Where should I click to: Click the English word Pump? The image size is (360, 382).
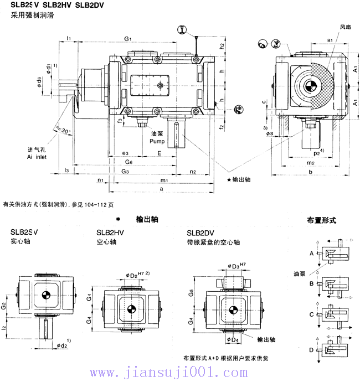pyautogui.click(x=157, y=142)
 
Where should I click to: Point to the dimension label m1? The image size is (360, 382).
pyautogui.click(x=164, y=180)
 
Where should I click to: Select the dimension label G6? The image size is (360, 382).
pyautogui.click(x=128, y=162)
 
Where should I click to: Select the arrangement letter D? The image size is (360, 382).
pyautogui.click(x=312, y=350)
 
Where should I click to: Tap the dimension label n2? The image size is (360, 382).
pyautogui.click(x=192, y=172)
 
